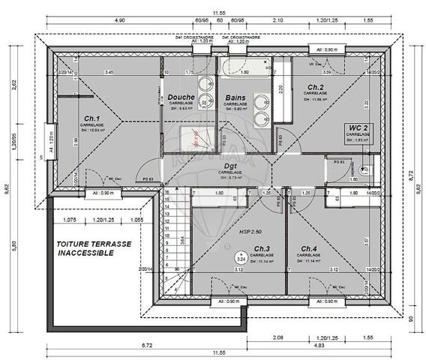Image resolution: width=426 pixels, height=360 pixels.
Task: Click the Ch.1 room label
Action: (92, 118)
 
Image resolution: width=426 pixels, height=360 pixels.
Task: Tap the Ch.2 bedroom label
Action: (313, 87)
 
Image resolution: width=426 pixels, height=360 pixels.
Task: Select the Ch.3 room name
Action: (261, 248)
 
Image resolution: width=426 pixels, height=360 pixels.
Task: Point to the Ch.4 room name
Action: (308, 248)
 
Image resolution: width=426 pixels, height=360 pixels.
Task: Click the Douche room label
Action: (181, 97)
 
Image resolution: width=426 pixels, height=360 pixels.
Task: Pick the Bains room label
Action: (237, 97)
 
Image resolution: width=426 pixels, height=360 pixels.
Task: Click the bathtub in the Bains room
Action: (244, 73)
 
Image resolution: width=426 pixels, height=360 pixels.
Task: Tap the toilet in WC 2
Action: (362, 169)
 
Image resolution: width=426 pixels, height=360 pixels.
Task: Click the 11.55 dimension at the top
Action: (218, 13)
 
